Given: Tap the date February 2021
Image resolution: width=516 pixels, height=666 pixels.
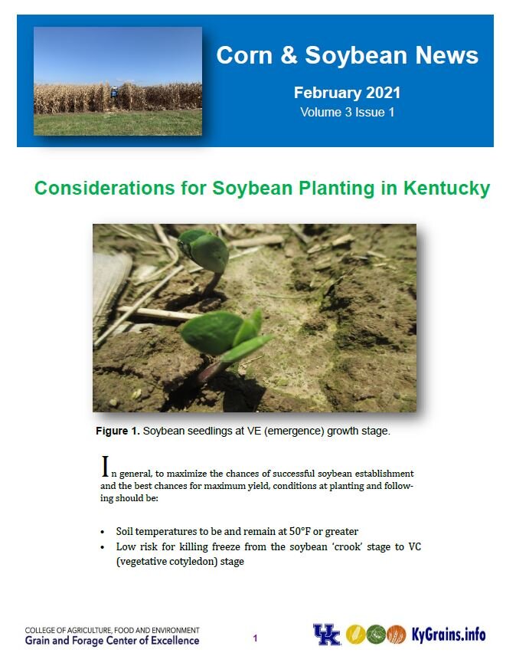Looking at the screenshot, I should click(x=347, y=94).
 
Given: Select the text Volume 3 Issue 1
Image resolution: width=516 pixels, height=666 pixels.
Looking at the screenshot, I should click(x=347, y=112).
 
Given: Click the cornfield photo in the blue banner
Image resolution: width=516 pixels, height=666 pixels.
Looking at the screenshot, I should click(x=118, y=81).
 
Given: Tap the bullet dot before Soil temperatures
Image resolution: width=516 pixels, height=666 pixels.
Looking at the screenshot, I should click(x=103, y=532).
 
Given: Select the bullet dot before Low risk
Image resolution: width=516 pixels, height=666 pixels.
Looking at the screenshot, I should click(x=103, y=547).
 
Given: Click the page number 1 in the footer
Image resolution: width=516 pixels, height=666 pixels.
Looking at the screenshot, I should click(x=256, y=637).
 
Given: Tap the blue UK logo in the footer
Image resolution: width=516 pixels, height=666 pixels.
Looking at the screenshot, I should click(x=326, y=635).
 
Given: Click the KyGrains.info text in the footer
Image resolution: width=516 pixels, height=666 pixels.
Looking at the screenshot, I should click(x=449, y=635).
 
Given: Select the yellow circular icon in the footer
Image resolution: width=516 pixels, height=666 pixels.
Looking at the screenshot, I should click(x=355, y=635).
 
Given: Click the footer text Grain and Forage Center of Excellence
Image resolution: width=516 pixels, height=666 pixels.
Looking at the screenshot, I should click(x=113, y=641).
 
